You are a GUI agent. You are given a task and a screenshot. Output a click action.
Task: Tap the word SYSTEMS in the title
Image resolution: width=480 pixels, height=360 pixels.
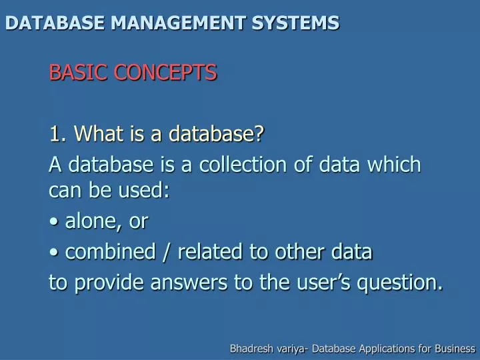pyautogui.click(x=295, y=23)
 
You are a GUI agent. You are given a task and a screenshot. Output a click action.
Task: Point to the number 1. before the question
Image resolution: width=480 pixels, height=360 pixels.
pyautogui.click(x=57, y=134)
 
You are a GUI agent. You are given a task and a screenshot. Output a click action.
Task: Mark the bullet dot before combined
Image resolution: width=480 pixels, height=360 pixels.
pyautogui.click(x=53, y=253)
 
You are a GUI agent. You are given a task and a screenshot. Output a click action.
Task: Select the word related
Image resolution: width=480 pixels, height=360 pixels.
pyautogui.click(x=209, y=252)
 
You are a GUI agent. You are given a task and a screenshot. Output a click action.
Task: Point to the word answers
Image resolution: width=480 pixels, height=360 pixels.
pyautogui.click(x=191, y=283)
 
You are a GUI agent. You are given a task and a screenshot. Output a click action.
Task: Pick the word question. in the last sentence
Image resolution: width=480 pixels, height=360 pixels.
pyautogui.click(x=400, y=283)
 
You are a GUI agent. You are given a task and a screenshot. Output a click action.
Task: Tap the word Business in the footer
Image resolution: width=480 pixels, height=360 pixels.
pyautogui.click(x=455, y=349)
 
